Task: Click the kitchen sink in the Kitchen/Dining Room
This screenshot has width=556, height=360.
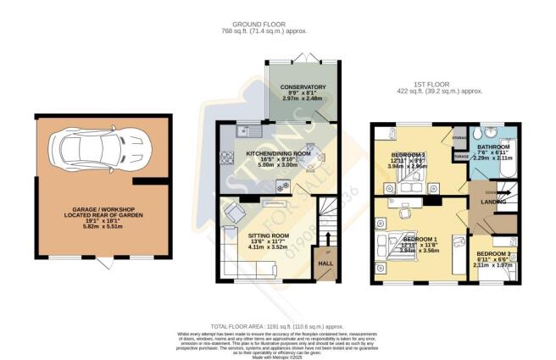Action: point(245,131)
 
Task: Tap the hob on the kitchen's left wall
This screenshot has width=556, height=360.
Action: point(225,158)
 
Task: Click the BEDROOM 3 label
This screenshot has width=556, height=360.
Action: point(492,254)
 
